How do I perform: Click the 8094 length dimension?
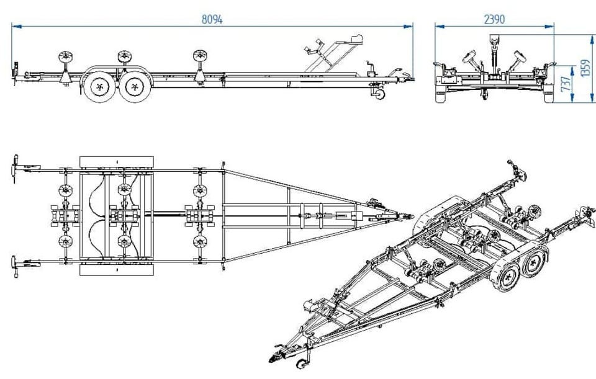(212, 19)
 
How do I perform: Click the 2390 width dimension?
(494, 19)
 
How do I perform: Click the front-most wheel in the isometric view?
(508, 279)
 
